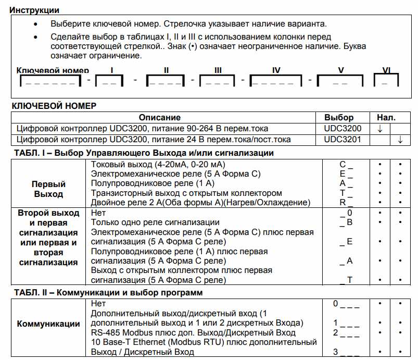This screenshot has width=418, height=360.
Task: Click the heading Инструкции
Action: [x=35, y=10]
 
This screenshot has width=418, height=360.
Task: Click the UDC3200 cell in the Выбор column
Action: [x=342, y=128]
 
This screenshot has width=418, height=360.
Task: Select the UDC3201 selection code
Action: [x=342, y=140]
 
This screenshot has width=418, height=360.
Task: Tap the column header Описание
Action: [x=160, y=117]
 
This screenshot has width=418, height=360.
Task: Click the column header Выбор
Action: [x=339, y=117]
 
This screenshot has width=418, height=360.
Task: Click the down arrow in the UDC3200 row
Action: [x=380, y=128]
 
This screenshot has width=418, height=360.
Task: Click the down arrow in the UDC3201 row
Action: [x=400, y=140]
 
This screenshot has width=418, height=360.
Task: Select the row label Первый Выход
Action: [x=48, y=189]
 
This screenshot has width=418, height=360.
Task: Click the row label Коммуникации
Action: [x=48, y=324]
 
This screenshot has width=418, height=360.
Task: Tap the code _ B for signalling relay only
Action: [x=346, y=222]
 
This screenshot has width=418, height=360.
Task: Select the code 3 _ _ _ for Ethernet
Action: [x=346, y=352]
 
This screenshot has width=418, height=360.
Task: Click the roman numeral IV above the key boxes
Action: [x=276, y=70]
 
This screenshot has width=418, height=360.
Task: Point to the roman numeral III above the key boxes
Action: [x=218, y=70]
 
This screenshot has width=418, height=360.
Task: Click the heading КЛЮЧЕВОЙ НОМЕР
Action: [x=54, y=106]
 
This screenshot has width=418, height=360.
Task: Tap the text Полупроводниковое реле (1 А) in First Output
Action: [x=153, y=184]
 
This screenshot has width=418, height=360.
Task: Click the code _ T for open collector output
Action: [x=346, y=280]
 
